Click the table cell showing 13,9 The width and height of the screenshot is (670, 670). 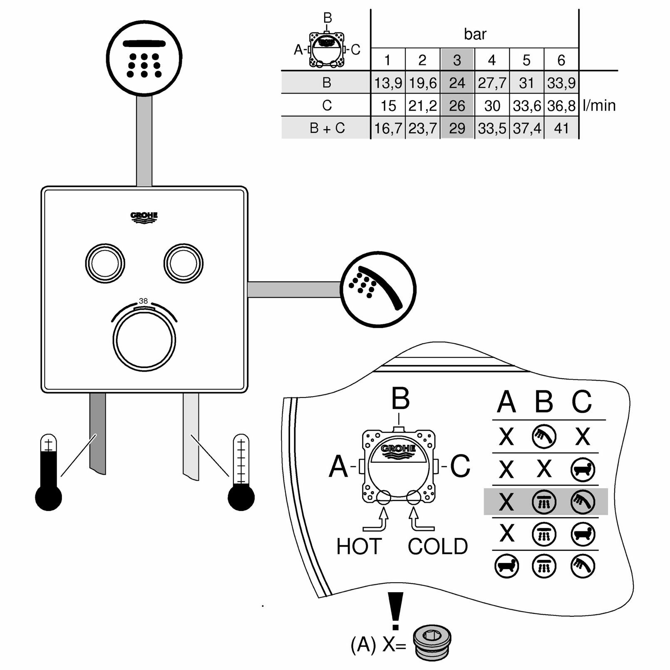click(x=387, y=83)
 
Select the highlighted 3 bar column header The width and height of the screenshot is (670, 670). click(x=457, y=60)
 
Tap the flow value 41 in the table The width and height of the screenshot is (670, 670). click(x=561, y=128)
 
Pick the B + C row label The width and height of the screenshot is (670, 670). click(x=327, y=128)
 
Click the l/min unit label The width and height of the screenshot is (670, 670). click(x=599, y=106)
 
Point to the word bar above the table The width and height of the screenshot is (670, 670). click(x=475, y=34)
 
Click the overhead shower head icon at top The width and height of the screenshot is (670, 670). click(x=144, y=58)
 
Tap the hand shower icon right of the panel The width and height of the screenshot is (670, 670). click(x=378, y=289)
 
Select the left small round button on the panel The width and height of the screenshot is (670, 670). click(x=105, y=263)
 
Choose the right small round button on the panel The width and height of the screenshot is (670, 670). click(x=183, y=263)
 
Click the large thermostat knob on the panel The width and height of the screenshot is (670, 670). click(x=144, y=340)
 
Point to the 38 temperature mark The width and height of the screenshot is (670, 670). click(x=143, y=301)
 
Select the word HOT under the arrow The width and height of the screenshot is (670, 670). click(x=359, y=546)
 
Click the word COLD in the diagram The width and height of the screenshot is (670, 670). click(x=438, y=546)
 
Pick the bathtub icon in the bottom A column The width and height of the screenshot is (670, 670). click(x=506, y=566)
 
